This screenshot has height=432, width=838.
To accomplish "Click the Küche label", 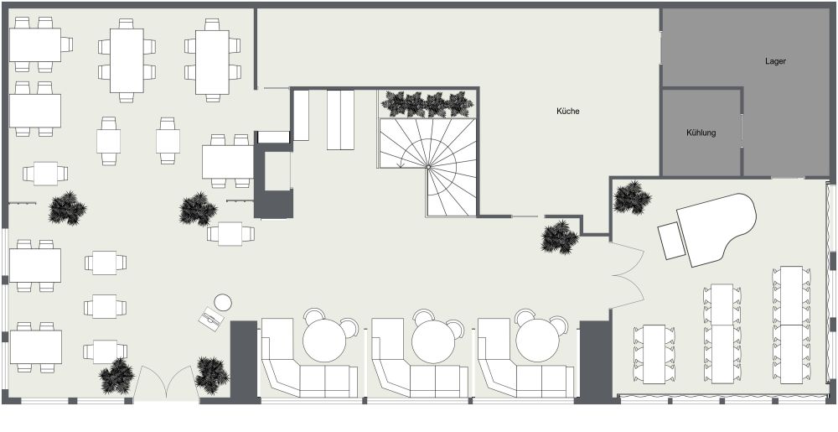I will coord(568,111).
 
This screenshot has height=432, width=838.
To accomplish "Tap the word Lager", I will coord(775,61).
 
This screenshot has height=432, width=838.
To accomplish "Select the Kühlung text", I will coord(701,133).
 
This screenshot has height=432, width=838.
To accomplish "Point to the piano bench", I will coord(671,241).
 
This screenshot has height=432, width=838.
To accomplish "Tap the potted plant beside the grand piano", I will coord(632,198).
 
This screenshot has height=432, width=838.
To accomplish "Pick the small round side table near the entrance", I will coord(223,302).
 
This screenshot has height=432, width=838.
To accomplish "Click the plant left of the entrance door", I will coord(116,377).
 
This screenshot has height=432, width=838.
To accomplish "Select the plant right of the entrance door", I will coord(211,375).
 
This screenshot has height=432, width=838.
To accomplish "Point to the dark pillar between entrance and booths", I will coord(243,359).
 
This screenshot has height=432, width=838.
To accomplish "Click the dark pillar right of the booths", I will coord(595,361).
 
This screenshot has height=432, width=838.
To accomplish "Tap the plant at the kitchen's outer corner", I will coord(560,237).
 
